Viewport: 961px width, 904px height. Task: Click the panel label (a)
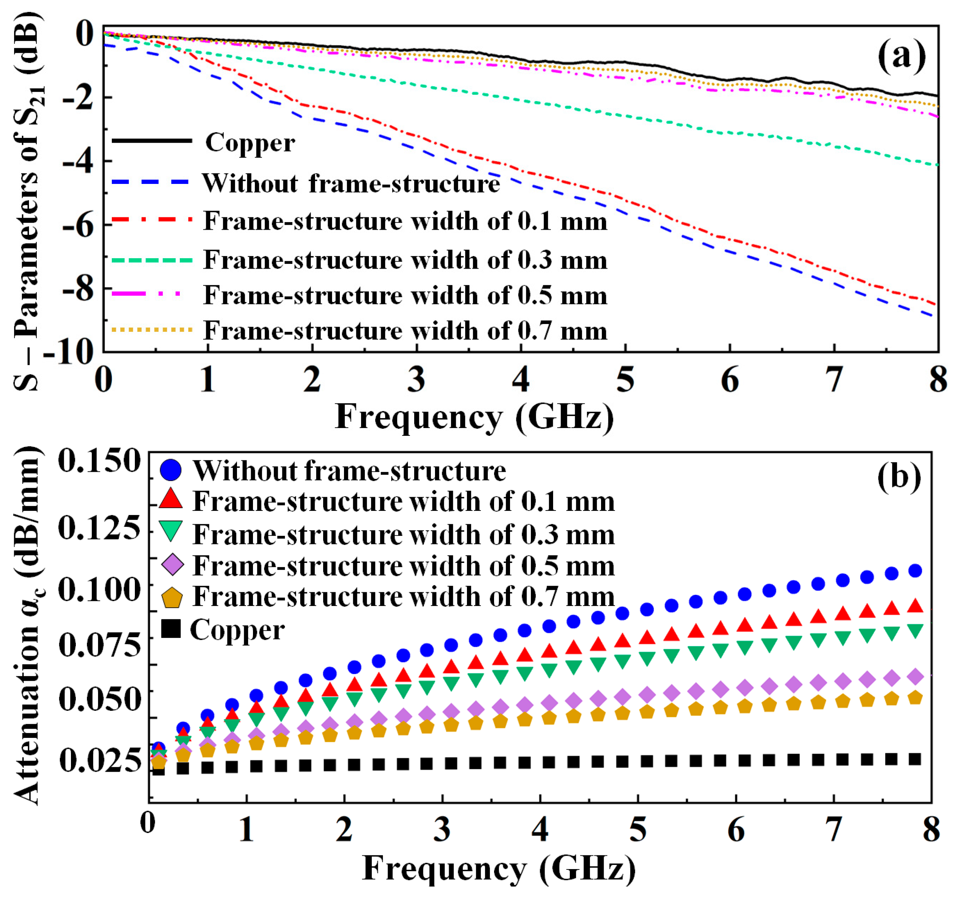(902, 58)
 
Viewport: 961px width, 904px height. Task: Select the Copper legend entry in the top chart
(250, 143)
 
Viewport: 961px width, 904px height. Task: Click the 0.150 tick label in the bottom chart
(100, 460)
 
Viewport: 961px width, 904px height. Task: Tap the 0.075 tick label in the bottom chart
(100, 644)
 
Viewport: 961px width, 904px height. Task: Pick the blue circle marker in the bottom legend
(171, 470)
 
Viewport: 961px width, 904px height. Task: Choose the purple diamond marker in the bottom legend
(172, 565)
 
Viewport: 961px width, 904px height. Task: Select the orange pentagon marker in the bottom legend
(172, 597)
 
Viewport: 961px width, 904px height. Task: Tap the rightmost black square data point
(915, 758)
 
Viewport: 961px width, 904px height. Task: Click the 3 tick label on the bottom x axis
(442, 830)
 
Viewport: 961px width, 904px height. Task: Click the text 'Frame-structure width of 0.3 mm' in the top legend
(405, 260)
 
